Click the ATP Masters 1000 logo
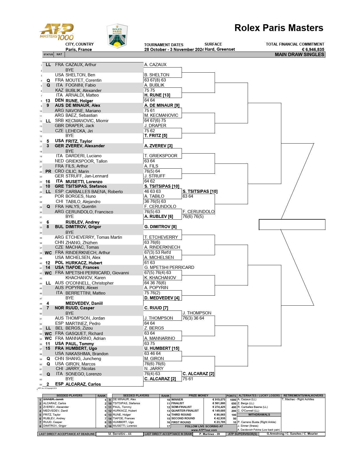[57, 32]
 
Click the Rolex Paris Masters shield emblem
[117, 36]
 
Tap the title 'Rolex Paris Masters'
[279, 28]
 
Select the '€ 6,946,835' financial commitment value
[313, 50]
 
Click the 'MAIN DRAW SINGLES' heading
[299, 54]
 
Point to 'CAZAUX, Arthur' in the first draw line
[81, 65]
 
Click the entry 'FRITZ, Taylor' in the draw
[79, 141]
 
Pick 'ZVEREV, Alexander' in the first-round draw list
[85, 146]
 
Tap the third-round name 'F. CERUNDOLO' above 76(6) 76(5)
[198, 212]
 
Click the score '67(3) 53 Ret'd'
[157, 252]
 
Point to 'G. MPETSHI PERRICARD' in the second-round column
[169, 267]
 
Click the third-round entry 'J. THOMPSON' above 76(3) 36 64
[197, 313]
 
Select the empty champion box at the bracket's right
[292, 224]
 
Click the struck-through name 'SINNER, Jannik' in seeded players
[53, 399]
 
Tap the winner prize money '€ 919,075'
[219, 400]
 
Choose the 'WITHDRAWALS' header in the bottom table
[259, 415]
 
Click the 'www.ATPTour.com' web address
[204, 430]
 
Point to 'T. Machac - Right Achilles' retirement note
[298, 399]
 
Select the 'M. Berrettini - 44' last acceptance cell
[120, 434]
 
